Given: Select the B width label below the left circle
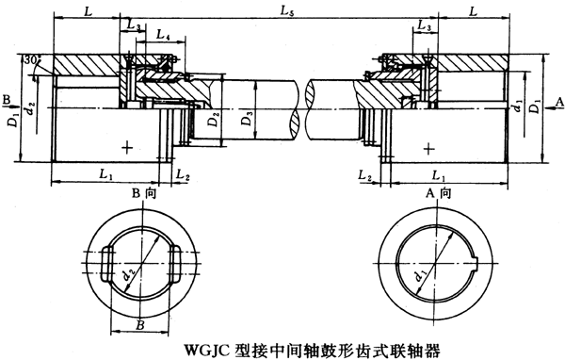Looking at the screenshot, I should [139, 324].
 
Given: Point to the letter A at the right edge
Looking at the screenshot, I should [558, 98].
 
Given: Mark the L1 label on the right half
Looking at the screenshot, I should [439, 175].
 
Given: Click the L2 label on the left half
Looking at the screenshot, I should [183, 176].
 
